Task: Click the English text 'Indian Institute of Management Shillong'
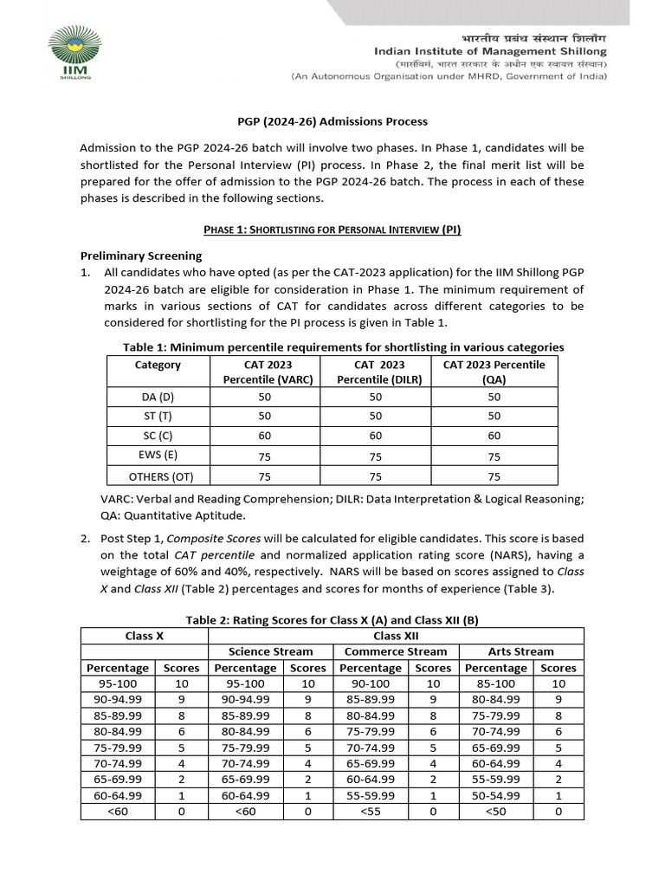[490, 52]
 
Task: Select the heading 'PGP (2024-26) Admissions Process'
[332, 122]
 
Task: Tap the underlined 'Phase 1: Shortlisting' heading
[332, 230]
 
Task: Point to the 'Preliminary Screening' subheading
[141, 256]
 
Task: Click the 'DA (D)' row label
[158, 397]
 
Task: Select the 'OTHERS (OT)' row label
[161, 476]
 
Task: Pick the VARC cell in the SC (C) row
[264, 436]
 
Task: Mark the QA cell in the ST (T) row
[494, 417]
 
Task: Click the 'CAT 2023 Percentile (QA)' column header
[494, 372]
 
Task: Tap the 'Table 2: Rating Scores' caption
[332, 619]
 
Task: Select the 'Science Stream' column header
[270, 651]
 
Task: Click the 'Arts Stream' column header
[521, 651]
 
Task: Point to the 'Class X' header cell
[145, 636]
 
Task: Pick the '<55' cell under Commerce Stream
[371, 812]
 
